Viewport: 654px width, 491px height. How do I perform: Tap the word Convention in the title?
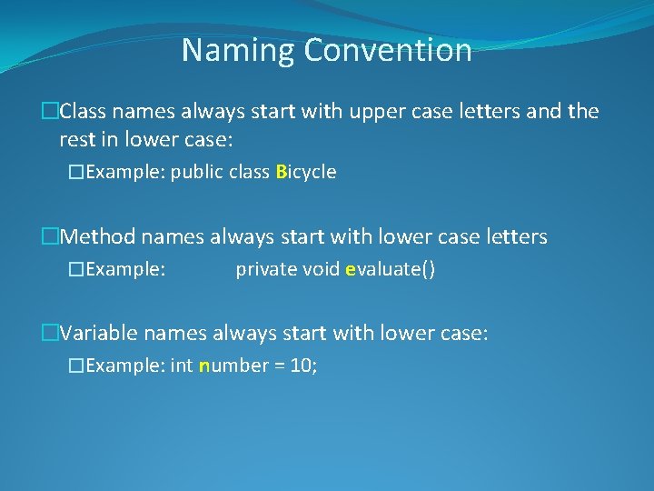(x=388, y=50)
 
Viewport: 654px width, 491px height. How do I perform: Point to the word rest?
(x=76, y=140)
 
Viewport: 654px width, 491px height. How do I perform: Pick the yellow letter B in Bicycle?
(x=281, y=173)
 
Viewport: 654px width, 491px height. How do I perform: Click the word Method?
(x=99, y=237)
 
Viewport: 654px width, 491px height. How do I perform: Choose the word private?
(x=265, y=270)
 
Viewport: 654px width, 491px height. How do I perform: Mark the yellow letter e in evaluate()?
(x=351, y=270)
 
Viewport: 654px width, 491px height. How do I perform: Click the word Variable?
(x=101, y=334)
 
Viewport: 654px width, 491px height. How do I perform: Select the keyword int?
(x=182, y=366)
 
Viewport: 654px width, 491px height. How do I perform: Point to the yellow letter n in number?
(x=204, y=366)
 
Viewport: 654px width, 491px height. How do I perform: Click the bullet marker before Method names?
(x=50, y=237)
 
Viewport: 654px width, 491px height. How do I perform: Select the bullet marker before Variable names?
(x=50, y=334)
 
